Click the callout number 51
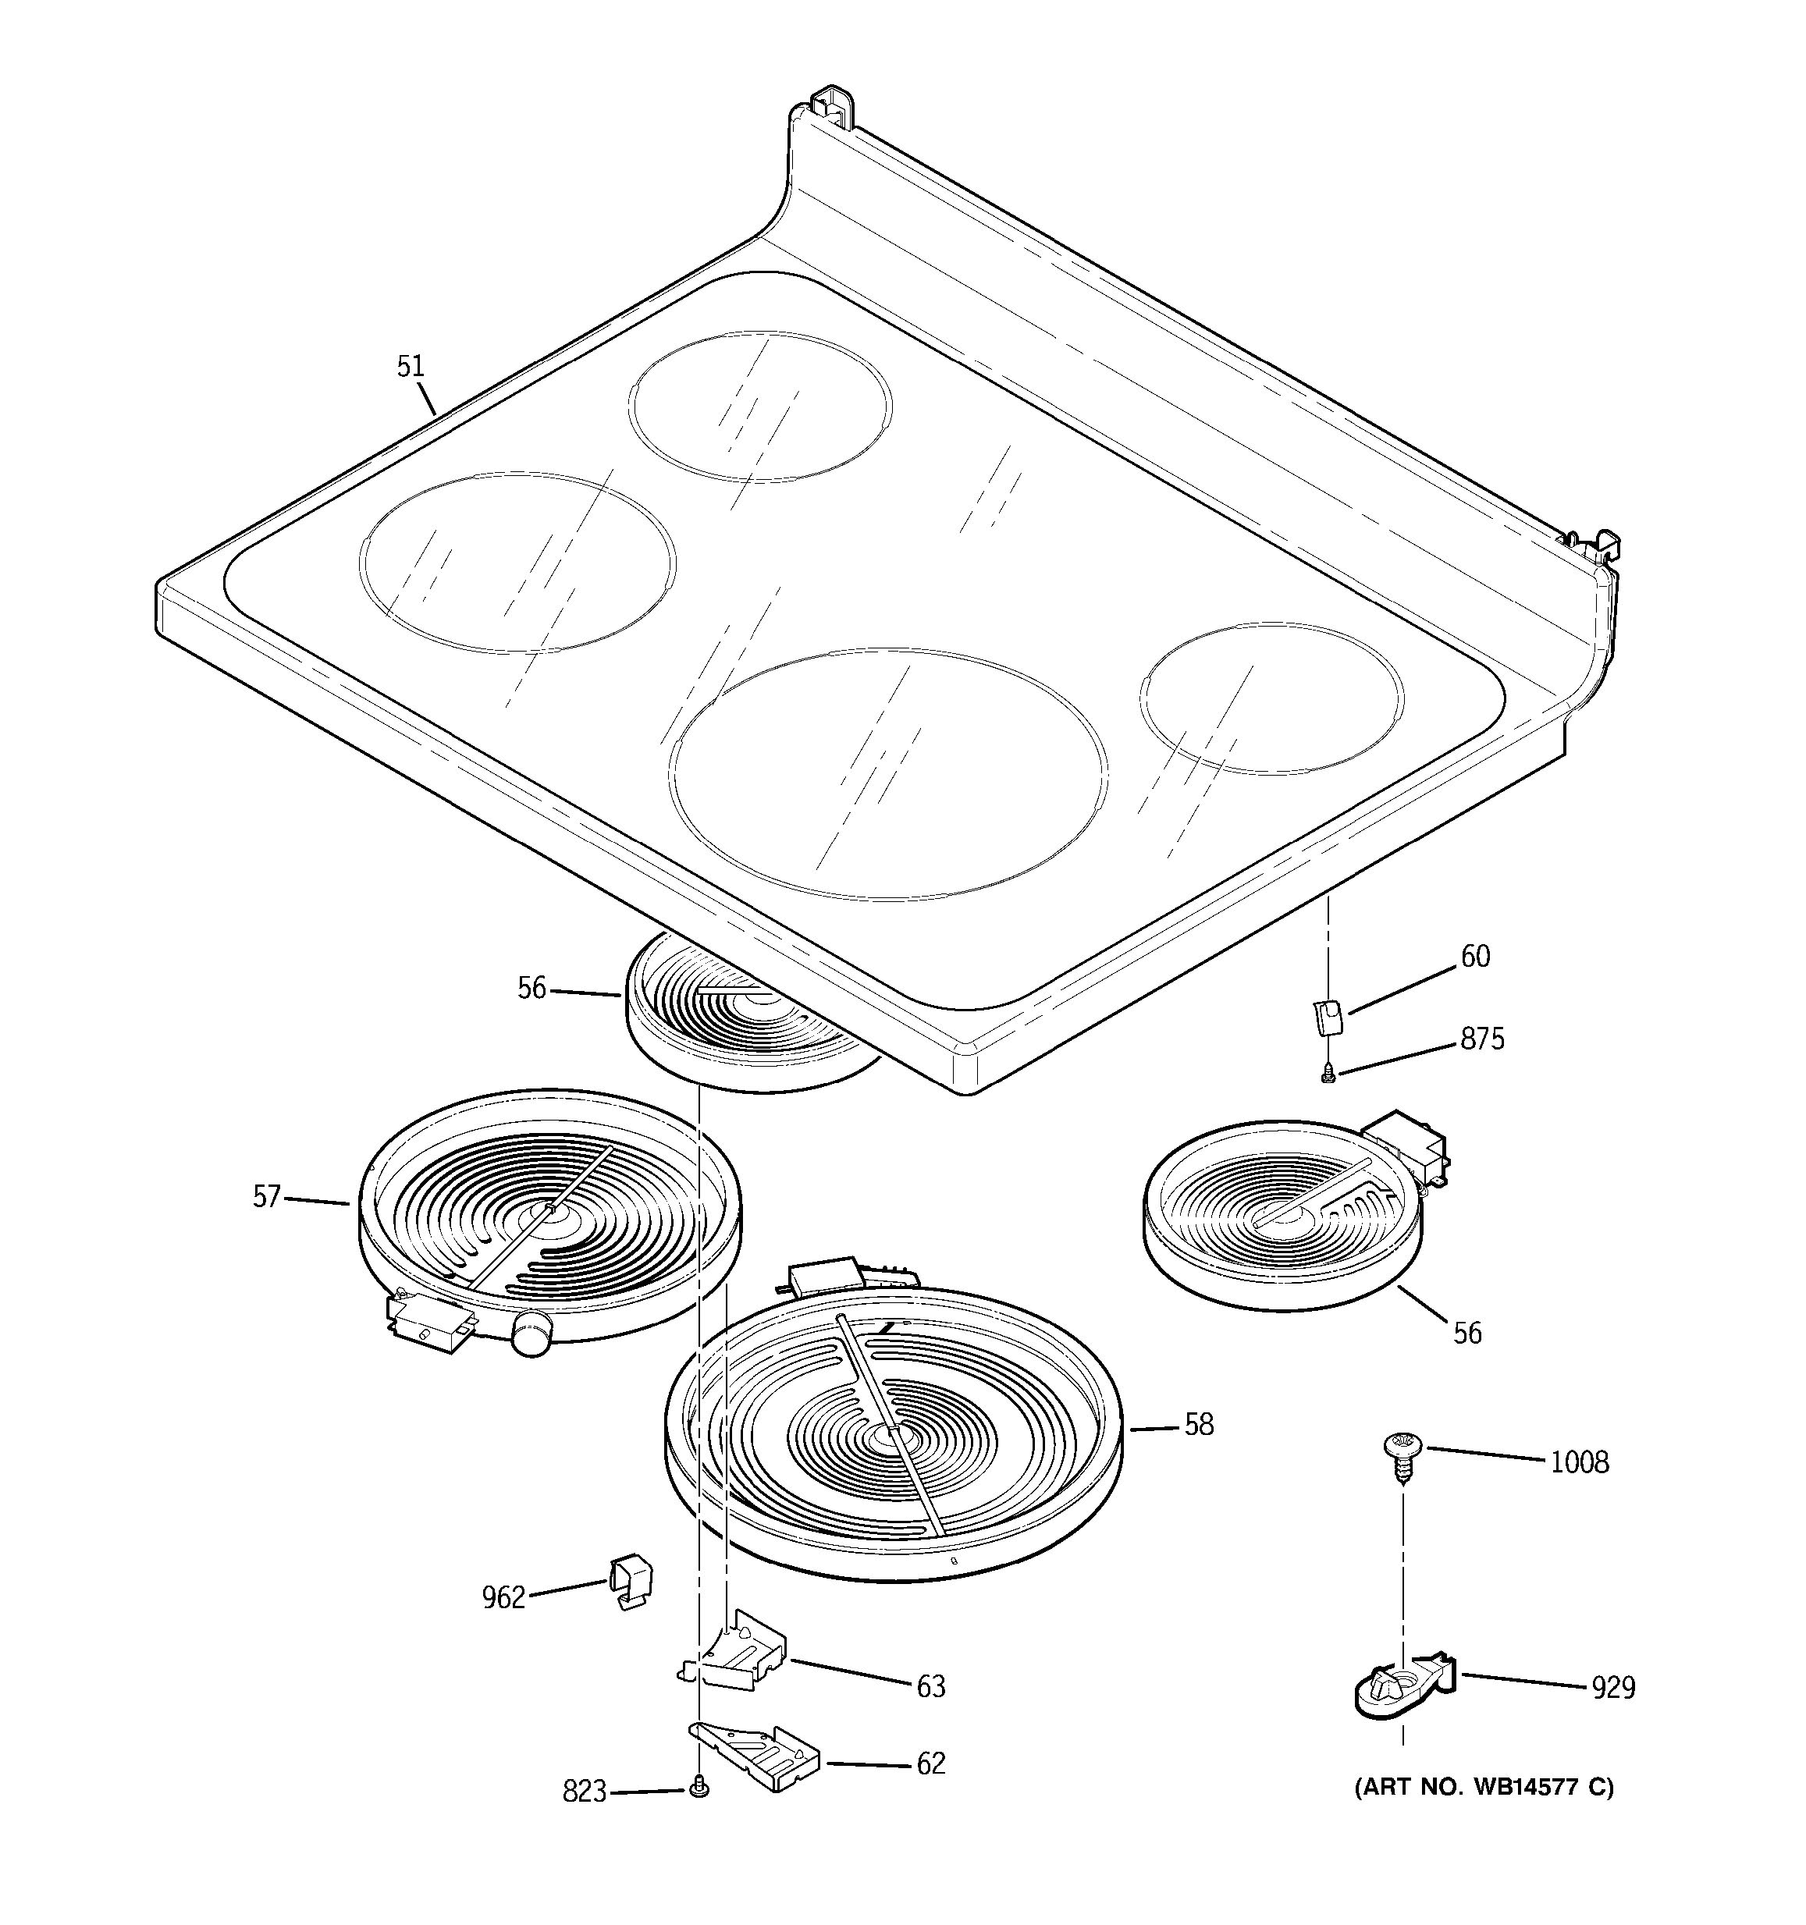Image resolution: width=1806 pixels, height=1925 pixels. coord(411,366)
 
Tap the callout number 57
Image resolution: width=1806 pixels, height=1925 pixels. coord(266,1197)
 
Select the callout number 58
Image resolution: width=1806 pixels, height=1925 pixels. coord(1199,1424)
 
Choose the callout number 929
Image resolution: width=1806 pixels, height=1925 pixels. coord(1613,1688)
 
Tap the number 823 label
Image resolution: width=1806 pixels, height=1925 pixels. coord(584,1792)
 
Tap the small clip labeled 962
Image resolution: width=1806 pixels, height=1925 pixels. coord(631,1581)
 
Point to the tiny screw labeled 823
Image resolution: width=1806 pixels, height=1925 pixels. coord(699,1791)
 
